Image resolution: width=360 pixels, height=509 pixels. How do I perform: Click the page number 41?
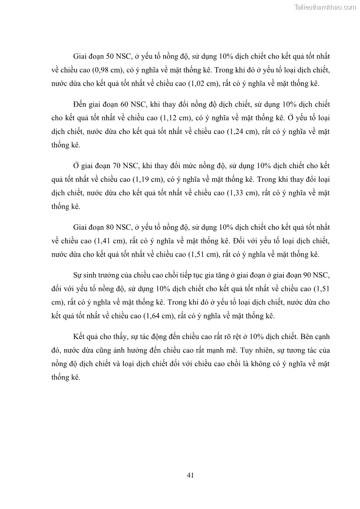tap(190, 475)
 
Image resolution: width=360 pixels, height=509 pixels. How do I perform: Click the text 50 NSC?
tap(118, 57)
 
